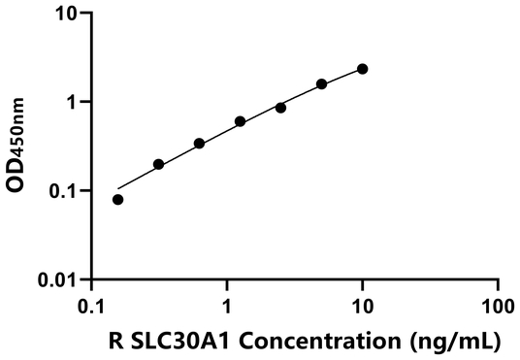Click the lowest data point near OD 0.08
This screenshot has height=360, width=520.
[x=118, y=200]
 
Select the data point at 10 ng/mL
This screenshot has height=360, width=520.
[x=363, y=69]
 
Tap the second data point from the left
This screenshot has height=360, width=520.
[x=158, y=165]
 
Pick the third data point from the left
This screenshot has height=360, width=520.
[x=199, y=144]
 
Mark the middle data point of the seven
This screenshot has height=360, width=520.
[x=240, y=121]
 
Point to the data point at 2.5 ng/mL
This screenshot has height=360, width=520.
[x=280, y=108]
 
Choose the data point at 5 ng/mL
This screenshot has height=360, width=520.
[x=321, y=84]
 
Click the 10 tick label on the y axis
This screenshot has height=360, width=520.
[x=67, y=14]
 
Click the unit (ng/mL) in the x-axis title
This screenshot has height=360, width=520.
[x=454, y=341]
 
